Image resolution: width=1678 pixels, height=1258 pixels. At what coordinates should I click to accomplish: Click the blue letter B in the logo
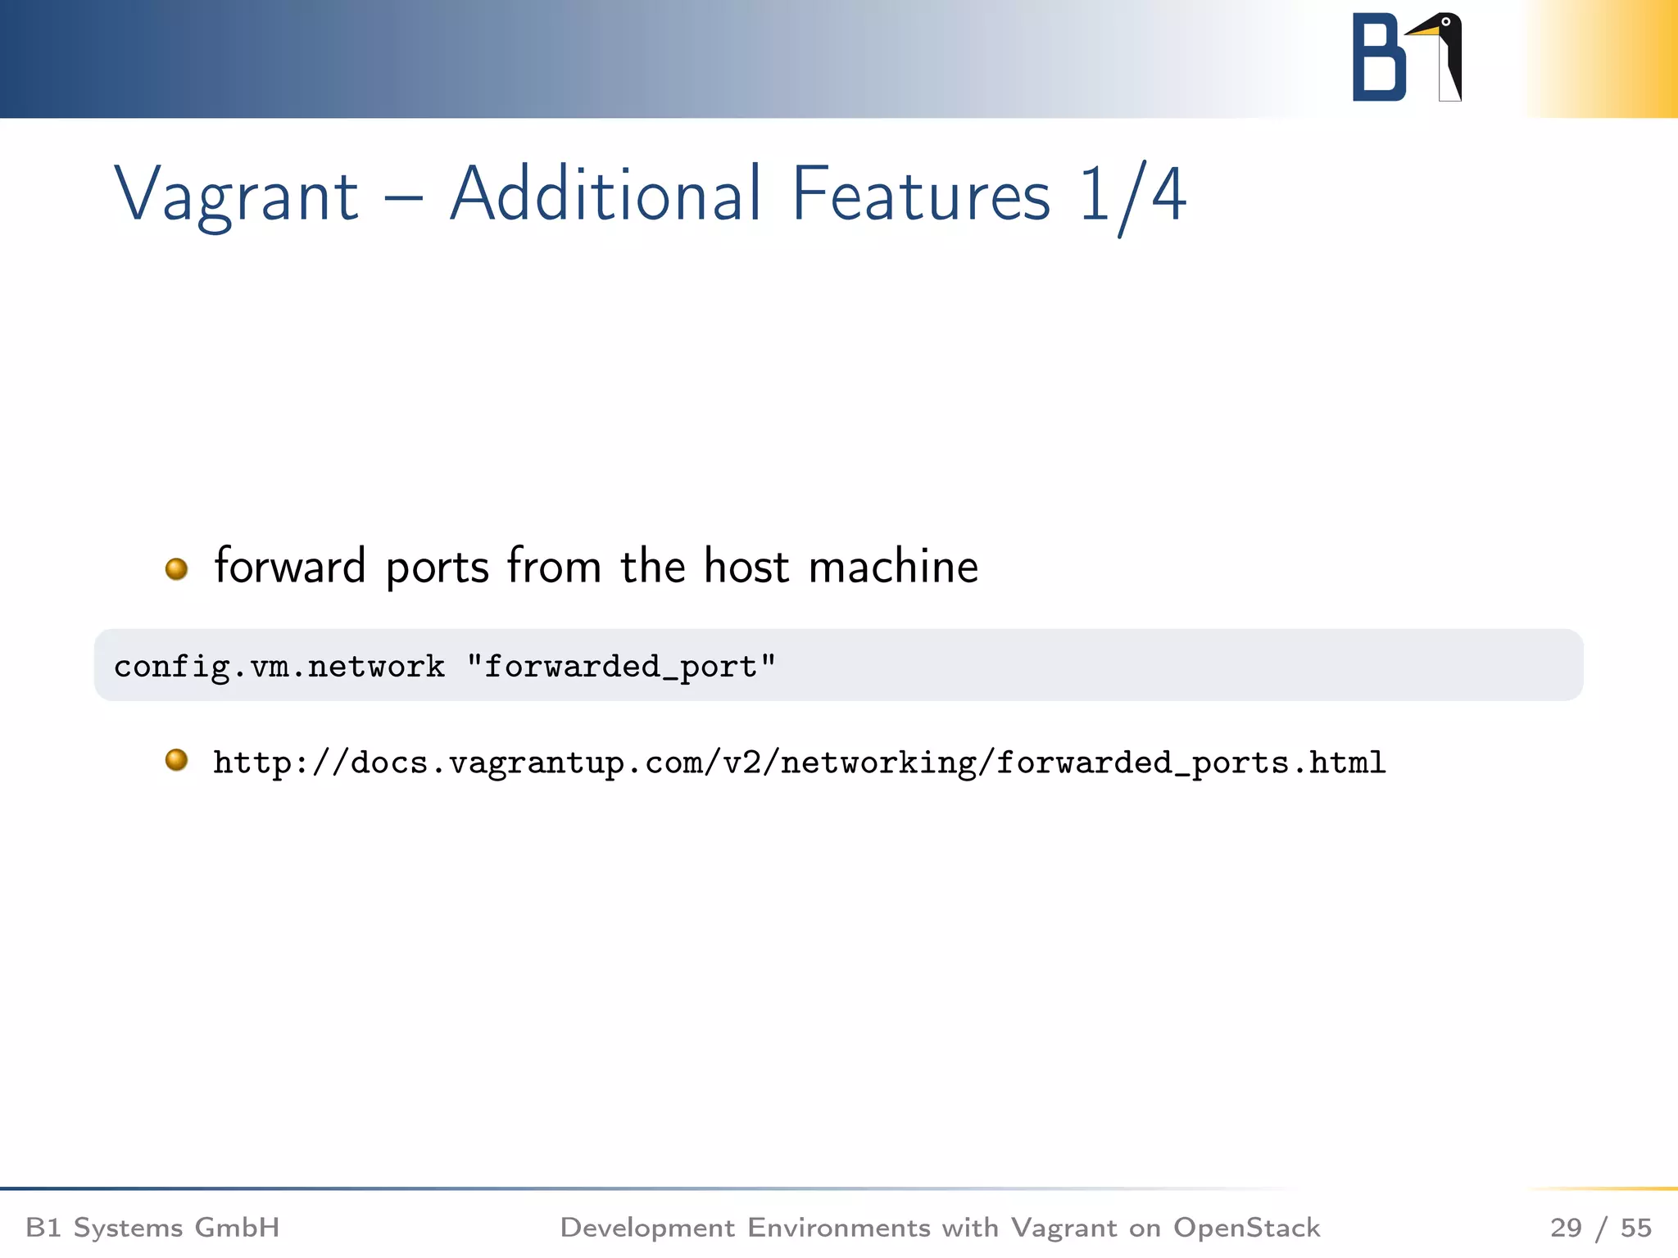tap(1378, 57)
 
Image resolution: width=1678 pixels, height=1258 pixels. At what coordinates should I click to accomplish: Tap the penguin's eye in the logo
tap(1446, 22)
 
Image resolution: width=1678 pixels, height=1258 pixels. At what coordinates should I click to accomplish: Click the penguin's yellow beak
tap(1422, 31)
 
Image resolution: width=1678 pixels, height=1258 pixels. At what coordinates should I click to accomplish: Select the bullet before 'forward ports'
tap(176, 568)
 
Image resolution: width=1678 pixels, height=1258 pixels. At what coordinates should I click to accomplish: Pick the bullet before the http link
tap(176, 760)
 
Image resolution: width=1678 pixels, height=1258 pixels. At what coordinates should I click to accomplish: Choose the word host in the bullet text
tap(746, 567)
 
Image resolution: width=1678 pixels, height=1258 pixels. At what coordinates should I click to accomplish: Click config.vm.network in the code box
tap(279, 667)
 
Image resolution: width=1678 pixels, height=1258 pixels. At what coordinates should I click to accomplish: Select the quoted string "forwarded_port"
tap(620, 667)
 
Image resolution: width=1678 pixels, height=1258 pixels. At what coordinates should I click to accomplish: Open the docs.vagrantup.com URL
tap(799, 763)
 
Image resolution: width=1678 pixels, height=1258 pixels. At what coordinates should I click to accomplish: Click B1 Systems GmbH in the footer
tap(152, 1228)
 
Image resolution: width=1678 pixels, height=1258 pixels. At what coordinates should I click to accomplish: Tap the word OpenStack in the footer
tap(1246, 1228)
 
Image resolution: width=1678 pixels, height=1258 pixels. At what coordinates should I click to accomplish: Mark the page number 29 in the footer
tap(1566, 1228)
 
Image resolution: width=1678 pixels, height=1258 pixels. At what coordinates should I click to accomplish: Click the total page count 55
tap(1635, 1228)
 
